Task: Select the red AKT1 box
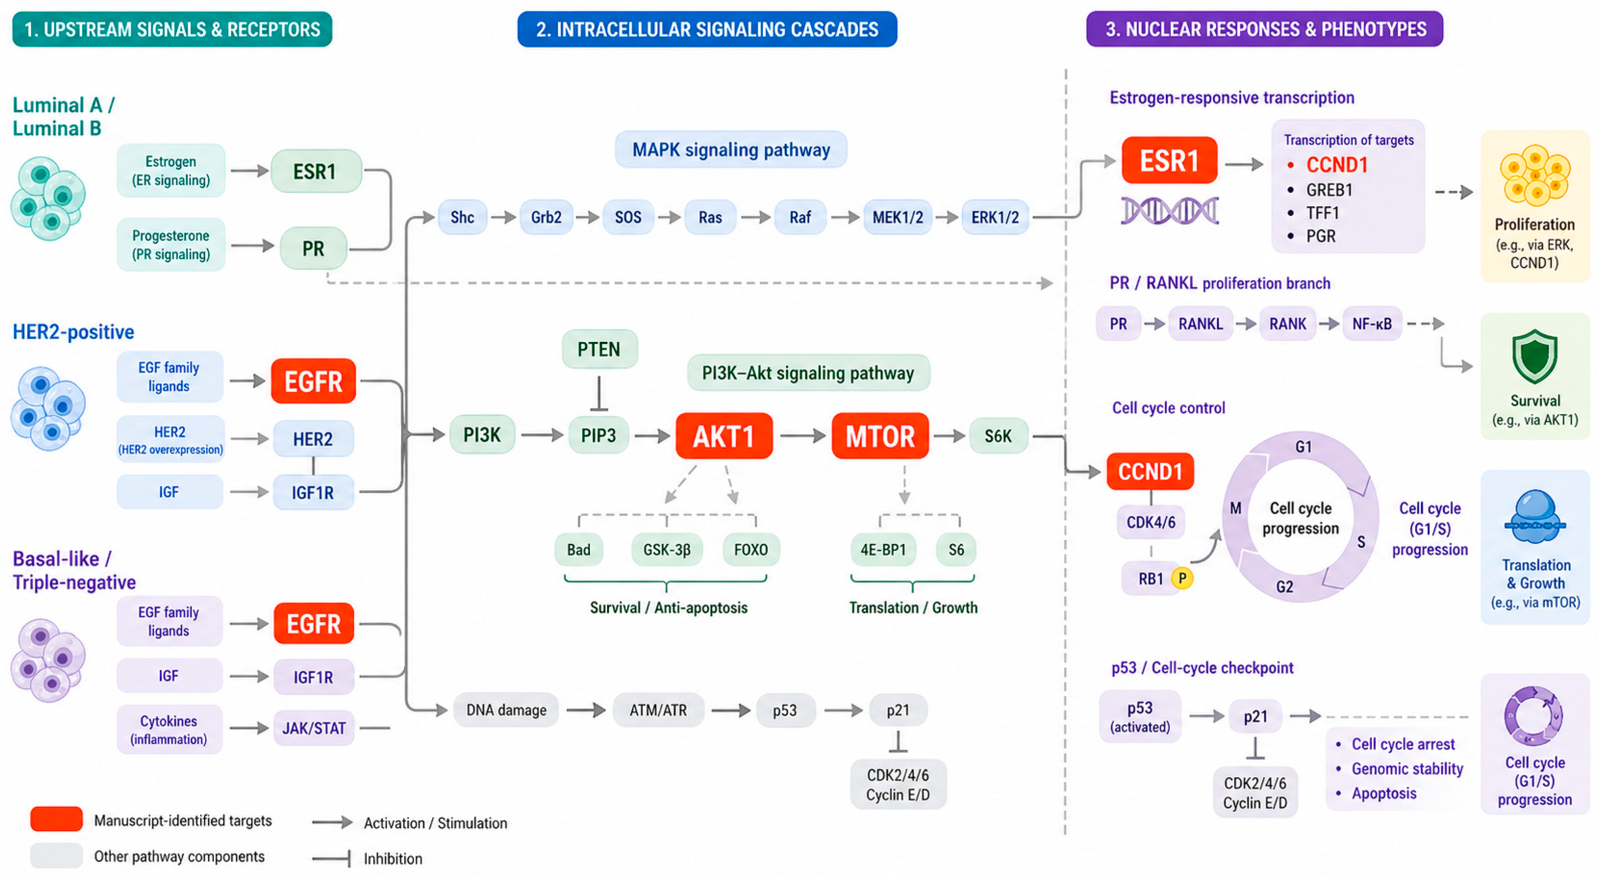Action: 724,436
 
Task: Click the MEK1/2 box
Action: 898,217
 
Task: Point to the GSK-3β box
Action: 667,549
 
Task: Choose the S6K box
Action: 998,436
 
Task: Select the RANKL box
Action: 1200,324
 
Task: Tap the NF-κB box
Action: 1372,324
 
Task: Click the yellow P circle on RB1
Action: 1182,579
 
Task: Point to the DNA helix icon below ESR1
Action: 1169,210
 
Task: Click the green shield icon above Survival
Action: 1535,357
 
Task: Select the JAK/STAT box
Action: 314,728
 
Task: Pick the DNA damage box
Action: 506,710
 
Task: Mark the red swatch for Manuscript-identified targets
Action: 56,819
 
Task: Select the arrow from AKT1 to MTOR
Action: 802,436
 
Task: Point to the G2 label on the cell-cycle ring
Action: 1284,587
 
